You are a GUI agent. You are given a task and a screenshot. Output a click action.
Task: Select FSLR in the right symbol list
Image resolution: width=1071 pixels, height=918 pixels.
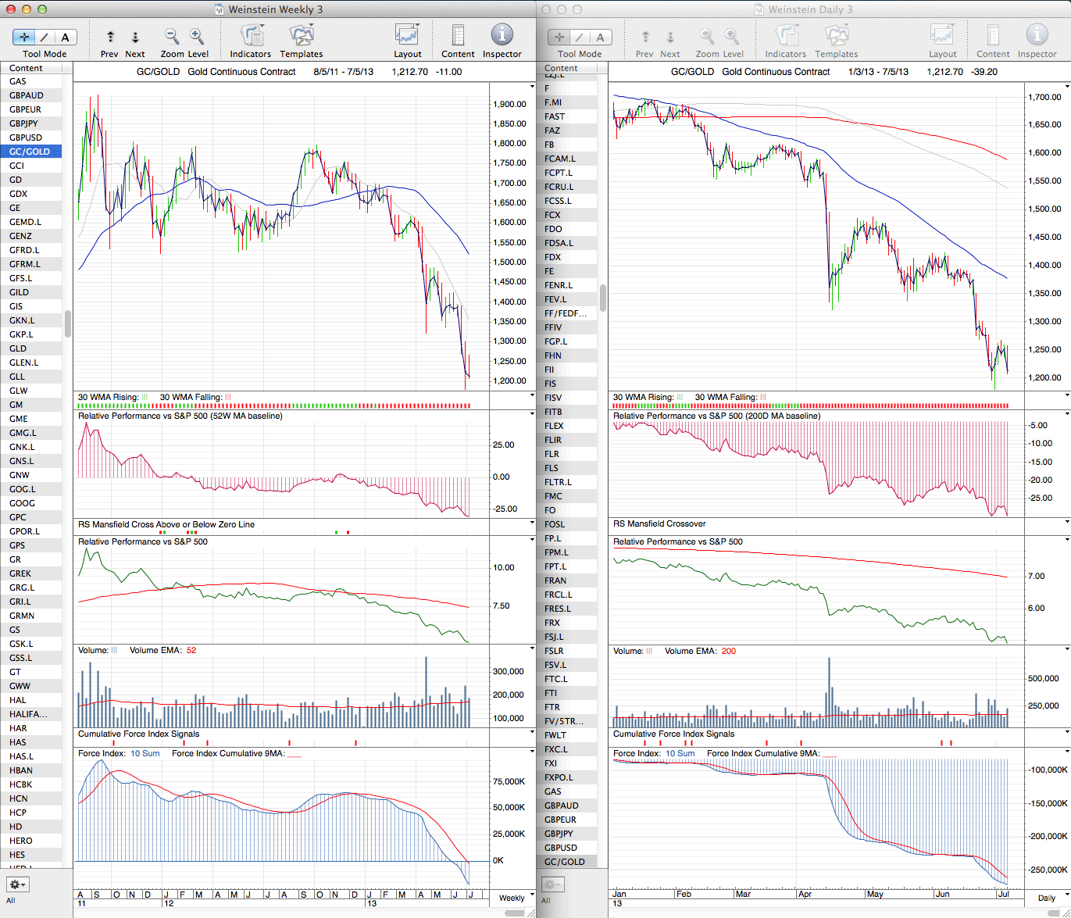point(554,651)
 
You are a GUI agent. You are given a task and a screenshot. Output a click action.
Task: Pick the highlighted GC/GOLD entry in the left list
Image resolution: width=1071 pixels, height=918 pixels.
point(30,152)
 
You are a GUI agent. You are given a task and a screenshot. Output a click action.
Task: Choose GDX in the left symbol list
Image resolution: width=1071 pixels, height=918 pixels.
point(18,194)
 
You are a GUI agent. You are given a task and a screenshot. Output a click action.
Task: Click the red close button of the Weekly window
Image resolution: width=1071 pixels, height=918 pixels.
point(11,9)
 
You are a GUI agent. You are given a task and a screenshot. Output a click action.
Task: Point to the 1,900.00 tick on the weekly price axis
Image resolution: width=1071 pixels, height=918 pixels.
point(509,104)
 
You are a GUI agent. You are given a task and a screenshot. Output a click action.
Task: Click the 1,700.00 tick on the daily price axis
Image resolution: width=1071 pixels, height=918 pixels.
point(1044,97)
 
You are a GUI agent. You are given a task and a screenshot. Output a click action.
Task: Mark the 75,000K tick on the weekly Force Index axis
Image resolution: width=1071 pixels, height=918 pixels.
point(509,781)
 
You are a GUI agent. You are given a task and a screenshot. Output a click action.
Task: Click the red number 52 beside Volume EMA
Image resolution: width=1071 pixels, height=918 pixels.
point(191,650)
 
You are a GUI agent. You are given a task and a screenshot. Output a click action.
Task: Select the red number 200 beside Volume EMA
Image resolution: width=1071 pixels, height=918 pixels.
point(729,651)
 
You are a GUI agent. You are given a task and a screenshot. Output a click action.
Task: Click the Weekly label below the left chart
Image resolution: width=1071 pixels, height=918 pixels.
point(512,898)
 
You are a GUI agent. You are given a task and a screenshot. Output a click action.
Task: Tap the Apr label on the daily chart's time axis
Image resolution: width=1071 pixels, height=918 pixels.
point(805,894)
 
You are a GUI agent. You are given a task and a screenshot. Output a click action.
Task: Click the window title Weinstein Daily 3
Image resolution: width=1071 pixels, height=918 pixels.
point(810,9)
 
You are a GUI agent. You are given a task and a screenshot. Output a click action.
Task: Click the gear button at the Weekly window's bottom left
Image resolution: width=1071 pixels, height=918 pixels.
point(17,884)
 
